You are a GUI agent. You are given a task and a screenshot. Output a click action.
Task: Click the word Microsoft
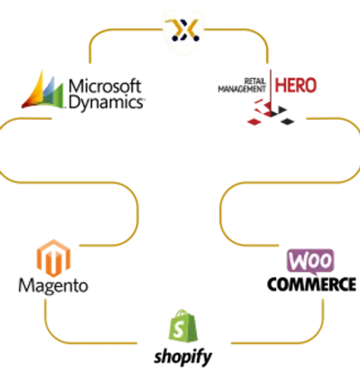pos(105,86)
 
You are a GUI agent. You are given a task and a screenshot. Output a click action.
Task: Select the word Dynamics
pos(106,103)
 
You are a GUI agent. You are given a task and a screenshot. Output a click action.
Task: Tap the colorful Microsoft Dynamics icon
pos(42,90)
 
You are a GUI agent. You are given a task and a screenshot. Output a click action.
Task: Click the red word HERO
pos(295,85)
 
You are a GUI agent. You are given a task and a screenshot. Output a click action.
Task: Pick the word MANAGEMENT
pos(242,89)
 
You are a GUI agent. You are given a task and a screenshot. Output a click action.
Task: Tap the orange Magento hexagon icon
pos(53,258)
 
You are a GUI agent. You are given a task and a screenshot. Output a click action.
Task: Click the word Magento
pos(53,285)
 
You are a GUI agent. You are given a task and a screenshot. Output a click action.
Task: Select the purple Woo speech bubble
pos(310,261)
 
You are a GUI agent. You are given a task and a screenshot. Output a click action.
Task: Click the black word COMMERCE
pos(312,284)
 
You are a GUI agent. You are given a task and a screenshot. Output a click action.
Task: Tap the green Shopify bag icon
pos(183,326)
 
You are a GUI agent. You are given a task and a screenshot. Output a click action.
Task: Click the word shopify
pos(183,357)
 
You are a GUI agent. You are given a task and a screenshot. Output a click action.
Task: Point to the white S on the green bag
pos(180,329)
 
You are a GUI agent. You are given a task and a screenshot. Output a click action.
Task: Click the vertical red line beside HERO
pos(270,89)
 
